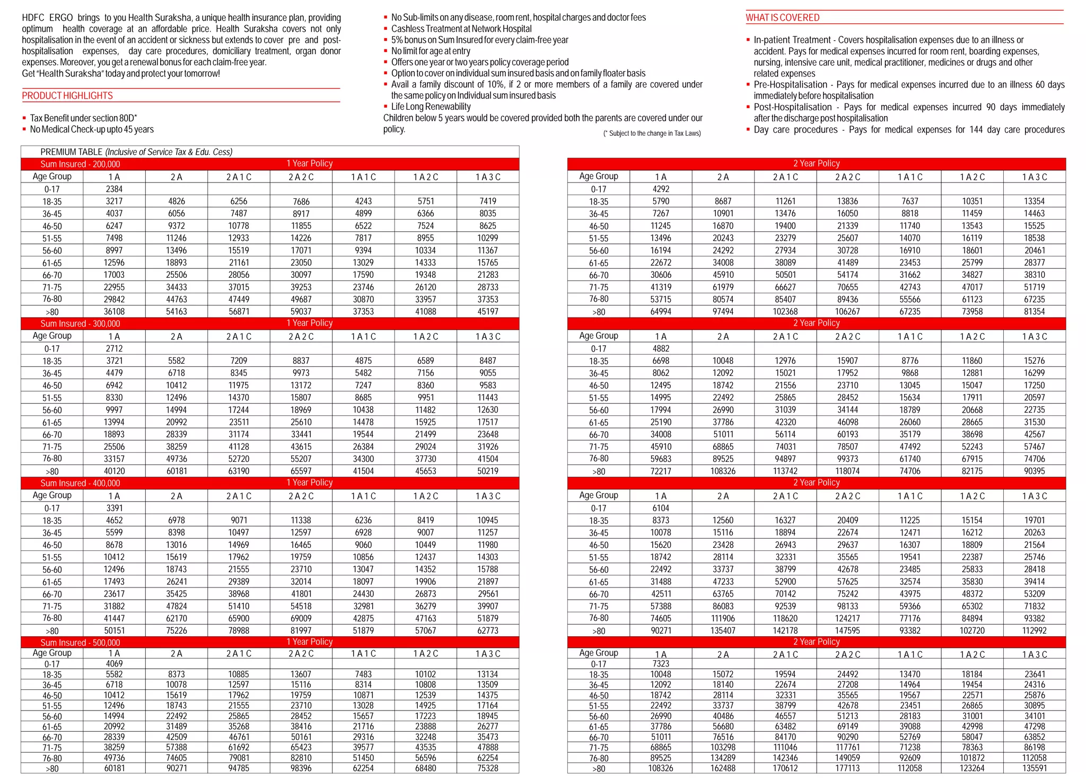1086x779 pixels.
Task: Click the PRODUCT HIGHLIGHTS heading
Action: pyautogui.click(x=67, y=95)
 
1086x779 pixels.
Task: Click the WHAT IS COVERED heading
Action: pyautogui.click(x=782, y=17)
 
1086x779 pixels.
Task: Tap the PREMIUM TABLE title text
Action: pyautogui.click(x=136, y=152)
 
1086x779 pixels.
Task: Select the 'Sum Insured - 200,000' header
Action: pyautogui.click(x=80, y=164)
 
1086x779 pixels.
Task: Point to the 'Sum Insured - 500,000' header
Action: pyautogui.click(x=80, y=642)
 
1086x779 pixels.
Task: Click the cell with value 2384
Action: pyautogui.click(x=114, y=189)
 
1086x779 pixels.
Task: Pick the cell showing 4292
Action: pyautogui.click(x=661, y=189)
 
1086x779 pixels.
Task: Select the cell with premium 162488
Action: pyautogui.click(x=723, y=768)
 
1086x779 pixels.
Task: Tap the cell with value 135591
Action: pyautogui.click(x=1035, y=768)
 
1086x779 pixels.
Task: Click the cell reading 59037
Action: pyautogui.click(x=301, y=311)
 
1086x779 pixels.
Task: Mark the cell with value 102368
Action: pyautogui.click(x=785, y=311)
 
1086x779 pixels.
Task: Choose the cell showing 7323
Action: pyautogui.click(x=661, y=663)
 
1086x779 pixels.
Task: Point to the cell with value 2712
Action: pyautogui.click(x=114, y=348)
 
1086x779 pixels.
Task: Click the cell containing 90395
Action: pyautogui.click(x=1035, y=471)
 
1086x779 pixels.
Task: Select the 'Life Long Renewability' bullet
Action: pyautogui.click(x=431, y=107)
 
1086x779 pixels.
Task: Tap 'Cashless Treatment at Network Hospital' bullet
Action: pyautogui.click(x=461, y=29)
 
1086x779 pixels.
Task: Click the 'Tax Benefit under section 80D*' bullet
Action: pyautogui.click(x=83, y=118)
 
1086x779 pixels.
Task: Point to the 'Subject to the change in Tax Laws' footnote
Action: pyautogui.click(x=652, y=133)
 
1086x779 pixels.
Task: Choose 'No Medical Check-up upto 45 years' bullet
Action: pyautogui.click(x=92, y=129)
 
